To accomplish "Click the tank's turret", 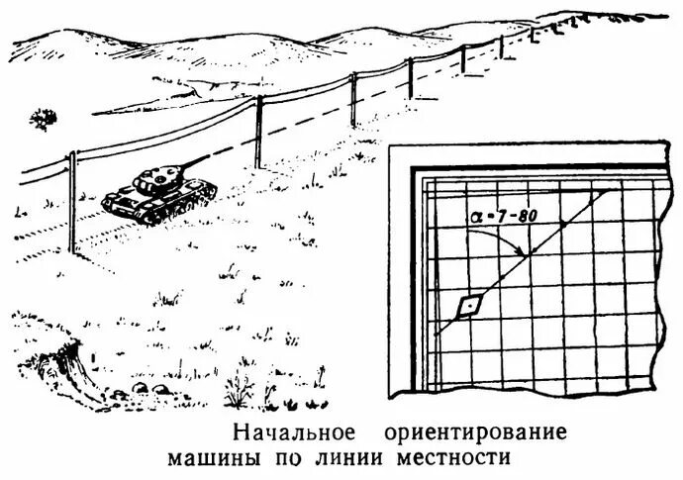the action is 153,179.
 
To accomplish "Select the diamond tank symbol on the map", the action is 467,307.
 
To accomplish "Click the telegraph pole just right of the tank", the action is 258,134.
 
